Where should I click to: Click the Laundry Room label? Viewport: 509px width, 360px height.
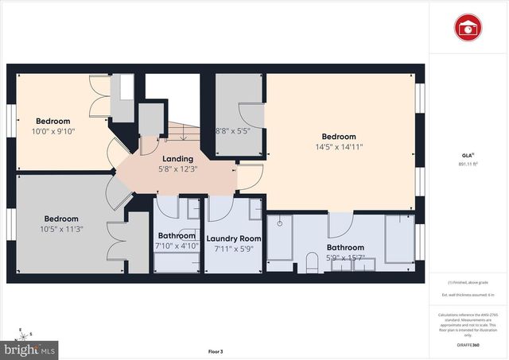click(234, 238)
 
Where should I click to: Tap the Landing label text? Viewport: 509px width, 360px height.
click(177, 159)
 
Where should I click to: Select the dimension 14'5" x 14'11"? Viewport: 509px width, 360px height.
click(339, 147)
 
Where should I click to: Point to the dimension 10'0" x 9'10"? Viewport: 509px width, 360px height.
click(52, 132)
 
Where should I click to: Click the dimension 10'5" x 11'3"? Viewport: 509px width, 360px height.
click(60, 230)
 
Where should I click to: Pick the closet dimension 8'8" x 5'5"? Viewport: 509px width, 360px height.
click(233, 131)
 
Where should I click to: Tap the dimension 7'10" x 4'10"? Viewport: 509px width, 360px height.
click(177, 246)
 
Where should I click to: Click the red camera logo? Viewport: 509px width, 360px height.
click(468, 29)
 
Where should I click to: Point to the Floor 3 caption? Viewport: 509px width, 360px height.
click(216, 351)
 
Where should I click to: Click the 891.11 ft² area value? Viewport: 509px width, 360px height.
click(468, 162)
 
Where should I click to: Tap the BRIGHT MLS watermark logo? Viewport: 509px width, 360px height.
click(30, 348)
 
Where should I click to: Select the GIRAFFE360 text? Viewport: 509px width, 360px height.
click(468, 346)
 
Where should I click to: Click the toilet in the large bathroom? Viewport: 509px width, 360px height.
click(311, 261)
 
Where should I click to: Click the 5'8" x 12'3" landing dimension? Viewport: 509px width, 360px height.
click(177, 169)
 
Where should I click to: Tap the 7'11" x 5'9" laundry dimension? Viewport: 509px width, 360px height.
click(234, 249)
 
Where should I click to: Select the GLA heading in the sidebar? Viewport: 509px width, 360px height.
click(468, 154)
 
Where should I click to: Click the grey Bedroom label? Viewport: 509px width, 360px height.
click(60, 219)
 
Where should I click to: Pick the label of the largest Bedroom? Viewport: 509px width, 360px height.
click(339, 137)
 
